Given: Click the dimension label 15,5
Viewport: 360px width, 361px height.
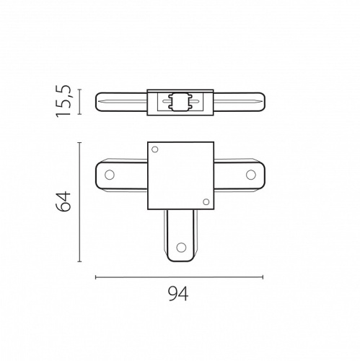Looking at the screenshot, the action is coord(63,101).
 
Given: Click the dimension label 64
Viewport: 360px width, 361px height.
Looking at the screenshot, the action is coord(63,201).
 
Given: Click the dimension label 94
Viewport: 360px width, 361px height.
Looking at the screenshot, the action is coord(178,294).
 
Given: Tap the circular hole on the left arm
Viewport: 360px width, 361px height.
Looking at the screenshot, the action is coord(110,175).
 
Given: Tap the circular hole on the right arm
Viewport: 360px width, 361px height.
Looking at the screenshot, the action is coord(251,175).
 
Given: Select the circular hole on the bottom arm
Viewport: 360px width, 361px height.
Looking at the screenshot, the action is coord(181,247).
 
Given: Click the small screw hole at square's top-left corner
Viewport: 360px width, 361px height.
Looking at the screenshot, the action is coord(155,149).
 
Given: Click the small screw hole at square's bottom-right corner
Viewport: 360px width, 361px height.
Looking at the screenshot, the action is coord(206,202).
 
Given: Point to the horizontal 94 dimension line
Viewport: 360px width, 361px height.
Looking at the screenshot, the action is coord(179,277).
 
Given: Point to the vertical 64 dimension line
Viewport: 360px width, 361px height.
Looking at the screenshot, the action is coord(80,202).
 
